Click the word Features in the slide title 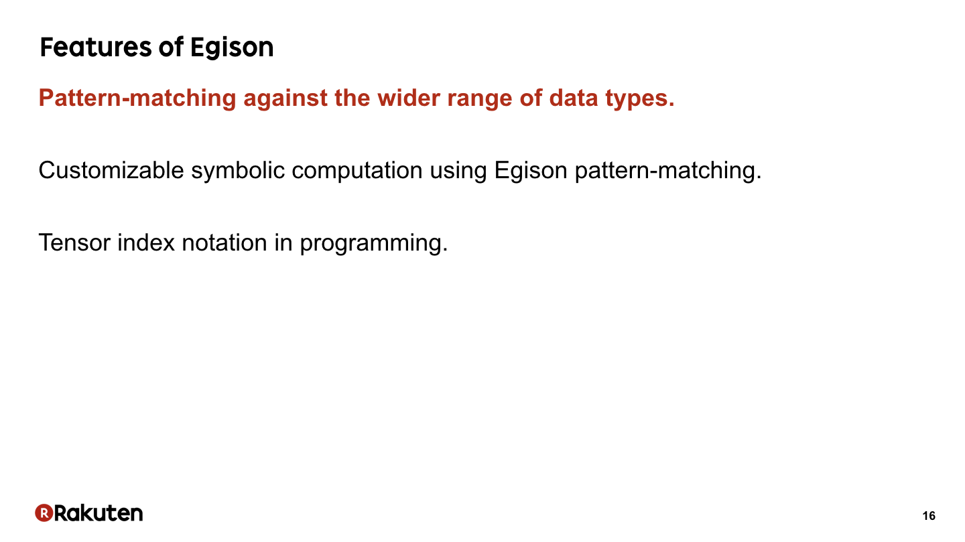pos(96,47)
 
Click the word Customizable pos(111,170)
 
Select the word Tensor pos(74,243)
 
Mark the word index pos(146,243)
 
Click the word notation pos(224,243)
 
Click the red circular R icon pos(44,513)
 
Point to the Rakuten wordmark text pos(99,513)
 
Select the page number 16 pos(929,516)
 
